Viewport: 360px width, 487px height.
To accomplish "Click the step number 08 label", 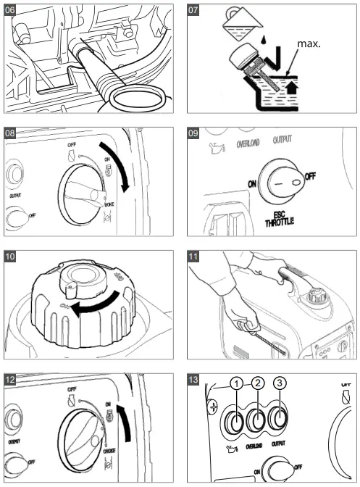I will [13, 135].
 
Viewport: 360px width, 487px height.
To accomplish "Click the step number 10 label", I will [13, 257].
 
